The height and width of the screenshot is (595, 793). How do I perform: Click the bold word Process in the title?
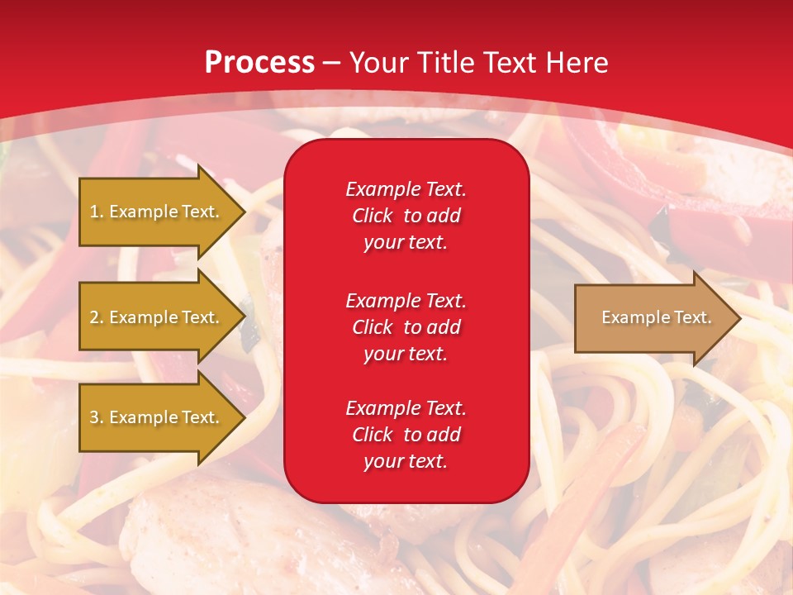(259, 63)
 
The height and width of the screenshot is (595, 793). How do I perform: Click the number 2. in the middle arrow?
(97, 317)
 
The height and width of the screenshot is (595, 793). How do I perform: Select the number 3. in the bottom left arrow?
(97, 417)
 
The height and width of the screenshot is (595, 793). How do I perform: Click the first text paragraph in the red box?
(406, 216)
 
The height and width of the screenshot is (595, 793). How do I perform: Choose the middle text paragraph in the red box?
(406, 327)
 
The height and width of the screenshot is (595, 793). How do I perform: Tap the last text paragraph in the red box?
(406, 435)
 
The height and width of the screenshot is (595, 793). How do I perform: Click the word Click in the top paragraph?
(373, 216)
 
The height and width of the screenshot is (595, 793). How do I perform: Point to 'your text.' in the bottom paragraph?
(406, 461)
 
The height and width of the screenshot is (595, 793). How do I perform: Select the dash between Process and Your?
(331, 64)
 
